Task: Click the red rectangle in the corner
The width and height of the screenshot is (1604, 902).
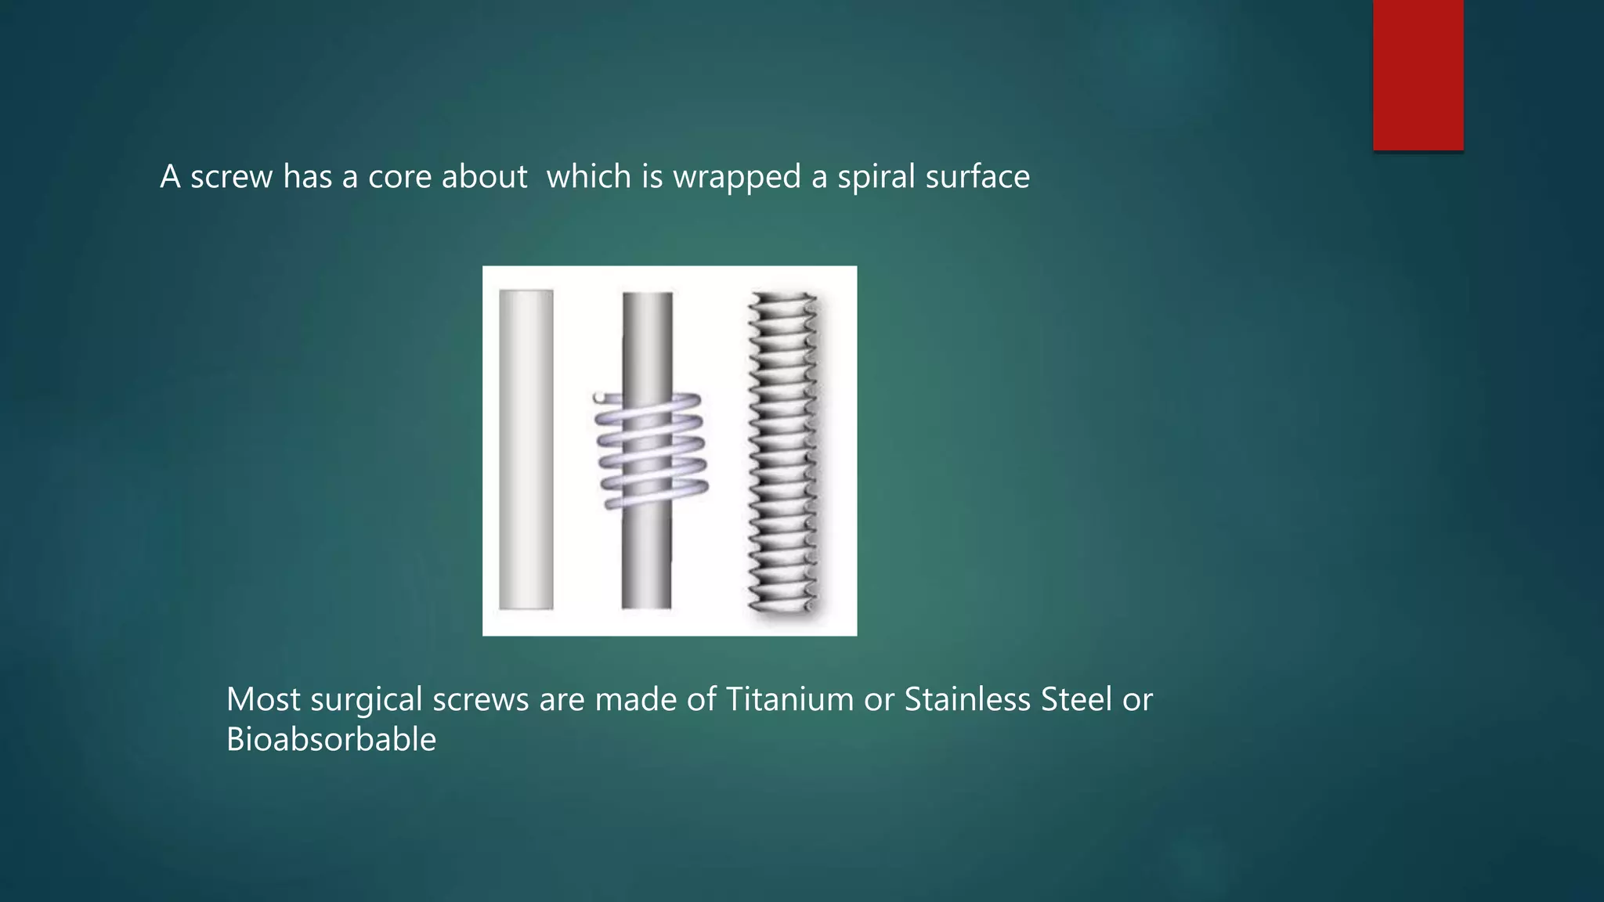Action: [1418, 74]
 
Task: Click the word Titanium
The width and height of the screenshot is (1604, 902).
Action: [789, 699]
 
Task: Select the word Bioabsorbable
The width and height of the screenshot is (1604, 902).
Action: [331, 739]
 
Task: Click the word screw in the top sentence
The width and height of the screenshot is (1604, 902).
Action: [232, 178]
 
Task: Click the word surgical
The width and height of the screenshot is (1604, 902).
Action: [367, 700]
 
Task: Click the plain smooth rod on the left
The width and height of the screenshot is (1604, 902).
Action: [526, 449]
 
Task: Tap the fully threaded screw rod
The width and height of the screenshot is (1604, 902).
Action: [782, 450]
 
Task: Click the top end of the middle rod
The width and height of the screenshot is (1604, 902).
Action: [648, 298]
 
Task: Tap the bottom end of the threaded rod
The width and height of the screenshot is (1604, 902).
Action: [782, 603]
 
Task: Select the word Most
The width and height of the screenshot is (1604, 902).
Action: [263, 699]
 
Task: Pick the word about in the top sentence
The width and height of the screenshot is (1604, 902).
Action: [484, 178]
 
